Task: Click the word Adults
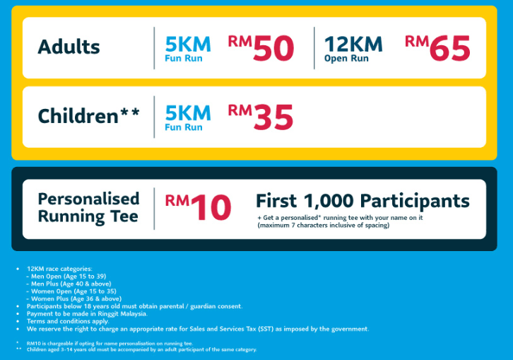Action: click(69, 47)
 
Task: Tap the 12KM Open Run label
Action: click(353, 48)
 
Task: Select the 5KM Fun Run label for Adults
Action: click(187, 48)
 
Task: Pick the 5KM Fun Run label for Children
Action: click(187, 117)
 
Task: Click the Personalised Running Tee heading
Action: click(88, 207)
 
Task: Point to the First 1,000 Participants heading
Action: click(362, 200)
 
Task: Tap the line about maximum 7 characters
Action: click(323, 226)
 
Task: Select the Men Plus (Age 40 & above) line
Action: click(71, 284)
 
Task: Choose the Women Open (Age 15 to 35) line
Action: click(74, 291)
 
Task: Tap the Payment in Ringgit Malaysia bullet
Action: click(87, 313)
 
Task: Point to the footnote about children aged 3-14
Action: click(141, 349)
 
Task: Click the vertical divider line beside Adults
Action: click(154, 48)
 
